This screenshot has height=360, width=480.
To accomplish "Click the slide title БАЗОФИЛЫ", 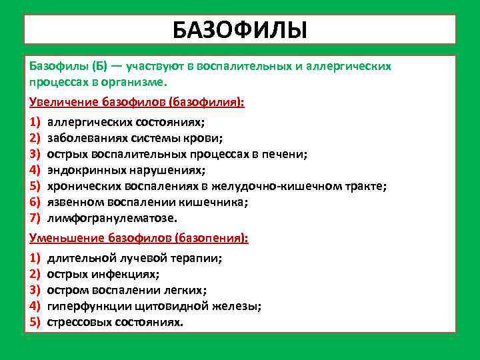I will click(239, 30).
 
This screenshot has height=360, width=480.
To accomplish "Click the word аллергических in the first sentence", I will click(351, 67).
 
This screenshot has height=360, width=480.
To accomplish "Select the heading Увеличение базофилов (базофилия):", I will click(137, 103).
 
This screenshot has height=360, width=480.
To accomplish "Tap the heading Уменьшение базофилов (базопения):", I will click(139, 238).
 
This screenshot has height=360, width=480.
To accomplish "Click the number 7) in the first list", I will click(35, 218).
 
